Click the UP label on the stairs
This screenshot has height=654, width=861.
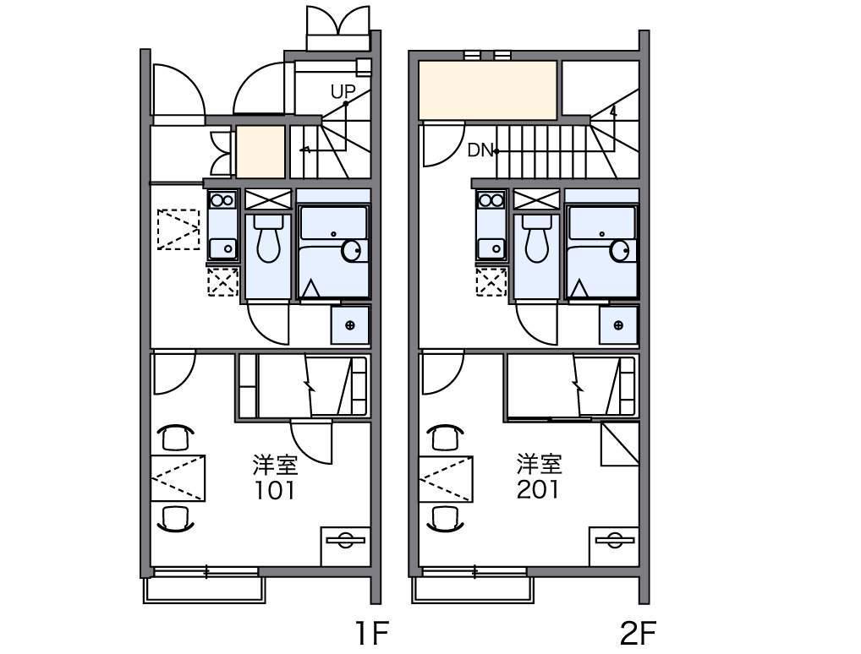coord(343,91)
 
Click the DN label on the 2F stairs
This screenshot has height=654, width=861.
coord(480,150)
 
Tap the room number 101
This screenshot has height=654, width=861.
coord(275,490)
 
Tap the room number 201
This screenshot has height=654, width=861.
coord(538,489)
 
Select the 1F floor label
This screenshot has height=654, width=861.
coord(373,634)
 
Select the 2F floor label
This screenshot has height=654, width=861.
coord(638,634)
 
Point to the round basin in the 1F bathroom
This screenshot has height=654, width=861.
coord(353,251)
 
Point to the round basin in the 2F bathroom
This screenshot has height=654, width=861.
coord(621,251)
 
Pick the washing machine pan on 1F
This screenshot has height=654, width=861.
coord(350,325)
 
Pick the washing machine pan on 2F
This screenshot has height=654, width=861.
coord(618,325)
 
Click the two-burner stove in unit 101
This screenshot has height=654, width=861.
coord(223,199)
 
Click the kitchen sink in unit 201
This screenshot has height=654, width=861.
coord(491,249)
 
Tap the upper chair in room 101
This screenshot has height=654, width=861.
coord(176,438)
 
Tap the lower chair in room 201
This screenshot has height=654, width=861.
coord(444,519)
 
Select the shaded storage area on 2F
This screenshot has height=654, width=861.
coord(488,90)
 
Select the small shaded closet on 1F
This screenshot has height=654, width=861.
coord(260,152)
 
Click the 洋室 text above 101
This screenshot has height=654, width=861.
coord(275,465)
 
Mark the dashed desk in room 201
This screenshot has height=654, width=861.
coord(446,478)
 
